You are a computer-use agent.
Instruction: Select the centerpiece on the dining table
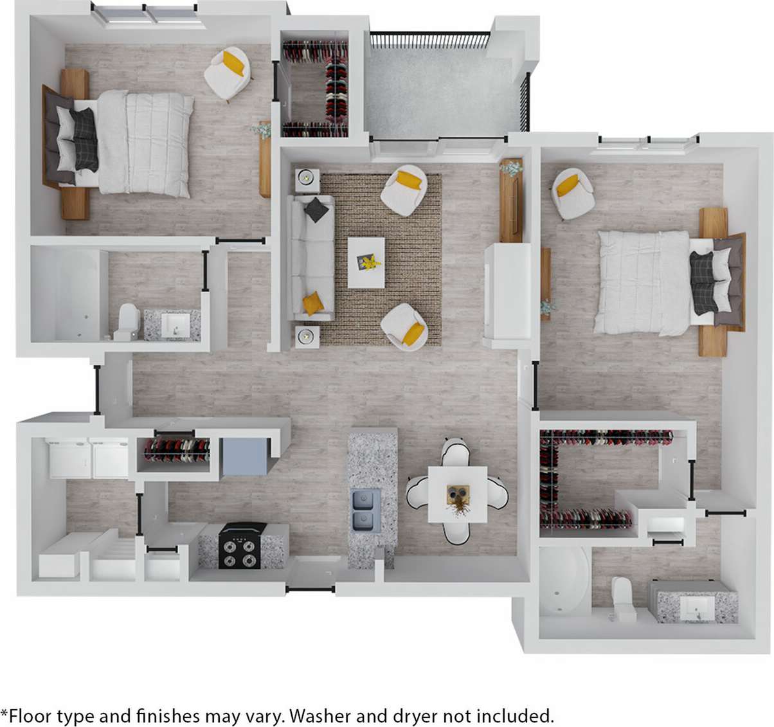458,497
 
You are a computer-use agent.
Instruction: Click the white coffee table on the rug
366,262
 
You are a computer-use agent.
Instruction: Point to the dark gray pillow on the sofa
316,210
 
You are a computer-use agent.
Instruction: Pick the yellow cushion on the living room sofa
313,303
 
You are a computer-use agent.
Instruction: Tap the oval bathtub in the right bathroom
563,580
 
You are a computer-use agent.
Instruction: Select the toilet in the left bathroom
127,322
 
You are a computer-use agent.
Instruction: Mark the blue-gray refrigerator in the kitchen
244,456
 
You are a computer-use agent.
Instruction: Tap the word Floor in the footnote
30,715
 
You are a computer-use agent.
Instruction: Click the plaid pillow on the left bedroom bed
85,139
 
